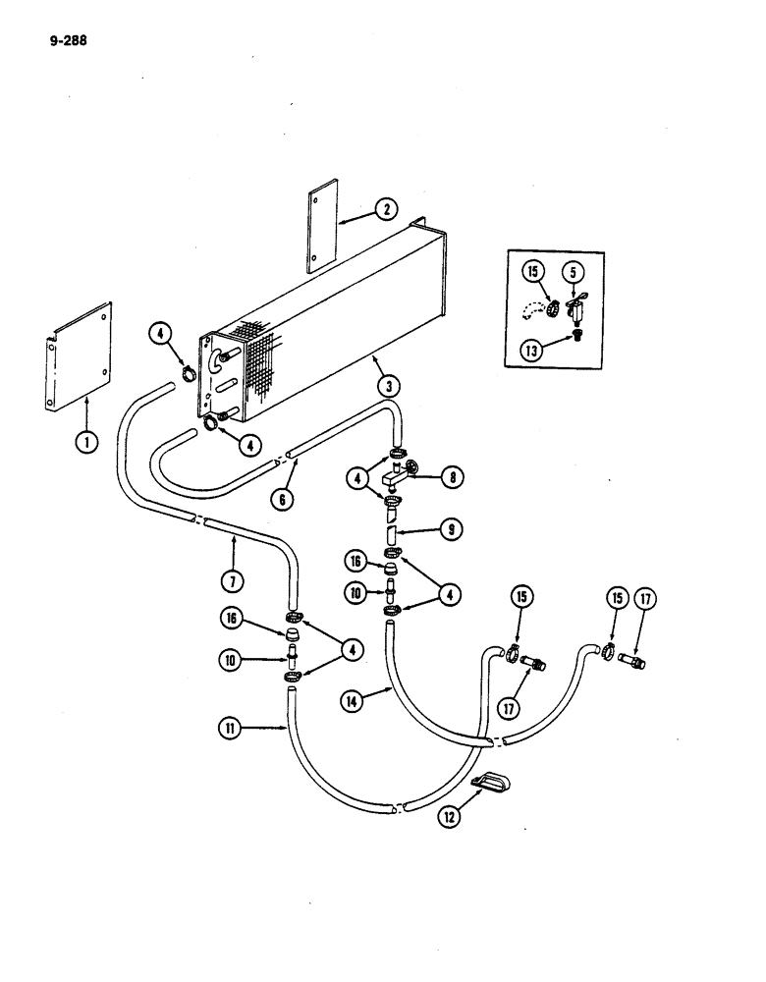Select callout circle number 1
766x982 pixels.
87,442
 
